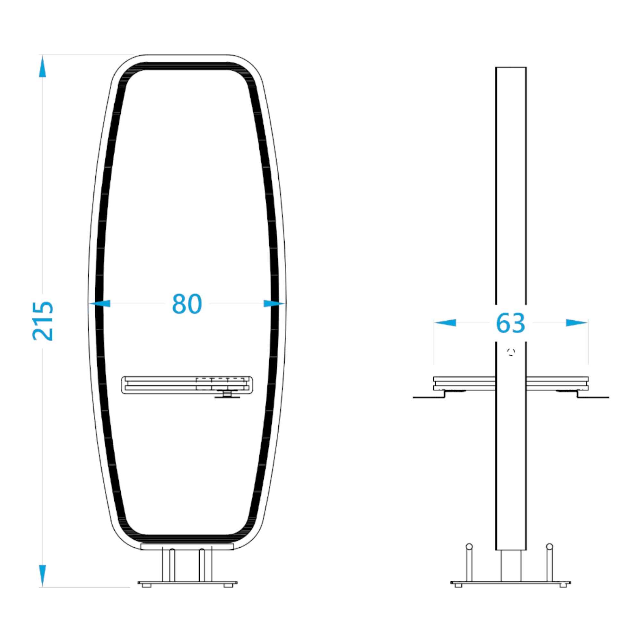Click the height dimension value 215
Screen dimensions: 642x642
(x=43, y=321)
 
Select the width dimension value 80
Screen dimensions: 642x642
(x=187, y=304)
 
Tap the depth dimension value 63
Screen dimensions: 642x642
(x=510, y=323)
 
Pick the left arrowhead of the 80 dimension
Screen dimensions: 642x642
(x=100, y=303)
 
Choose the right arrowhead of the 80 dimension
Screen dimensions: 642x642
(x=274, y=303)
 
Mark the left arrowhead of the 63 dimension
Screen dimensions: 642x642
(x=445, y=323)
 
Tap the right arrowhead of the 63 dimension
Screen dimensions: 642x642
(x=577, y=323)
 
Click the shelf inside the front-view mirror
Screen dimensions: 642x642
(x=187, y=385)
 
